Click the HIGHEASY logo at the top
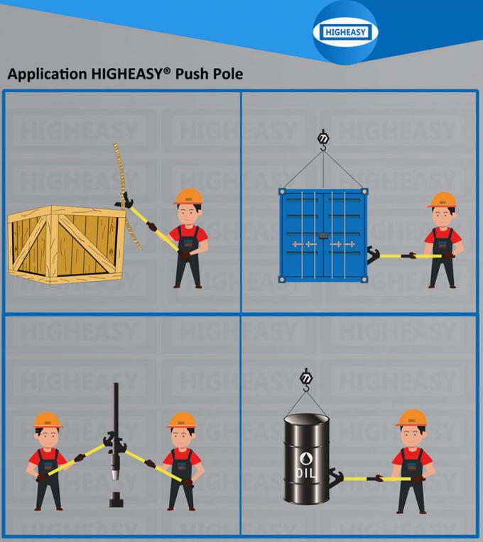coord(344,32)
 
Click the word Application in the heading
coord(41,74)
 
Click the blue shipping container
coord(323,234)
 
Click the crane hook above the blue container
coord(323,140)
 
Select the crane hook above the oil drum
coord(307,377)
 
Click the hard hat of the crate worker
coord(188,197)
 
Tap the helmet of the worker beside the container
coord(442,200)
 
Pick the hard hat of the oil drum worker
coord(411,418)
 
